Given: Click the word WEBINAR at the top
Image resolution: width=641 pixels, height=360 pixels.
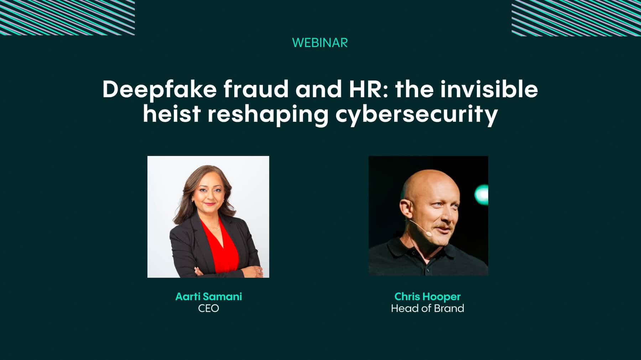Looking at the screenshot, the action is coord(320,43).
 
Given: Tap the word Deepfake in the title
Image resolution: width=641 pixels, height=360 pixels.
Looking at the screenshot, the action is coord(159,90).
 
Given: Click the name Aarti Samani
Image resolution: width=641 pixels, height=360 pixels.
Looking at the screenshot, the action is coord(209,297).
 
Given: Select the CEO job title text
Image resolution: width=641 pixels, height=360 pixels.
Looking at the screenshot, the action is coord(208,308).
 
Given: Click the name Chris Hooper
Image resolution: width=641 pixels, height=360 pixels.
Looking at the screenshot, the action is coord(427,297).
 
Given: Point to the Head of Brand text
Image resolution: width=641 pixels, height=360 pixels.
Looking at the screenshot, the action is coord(427,308).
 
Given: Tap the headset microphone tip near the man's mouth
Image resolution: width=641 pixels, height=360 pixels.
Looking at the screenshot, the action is coord(428,234).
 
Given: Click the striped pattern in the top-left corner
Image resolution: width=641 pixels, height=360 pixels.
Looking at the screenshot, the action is coord(67,17).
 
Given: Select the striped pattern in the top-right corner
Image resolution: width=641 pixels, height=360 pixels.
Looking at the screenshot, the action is coord(576,18).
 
